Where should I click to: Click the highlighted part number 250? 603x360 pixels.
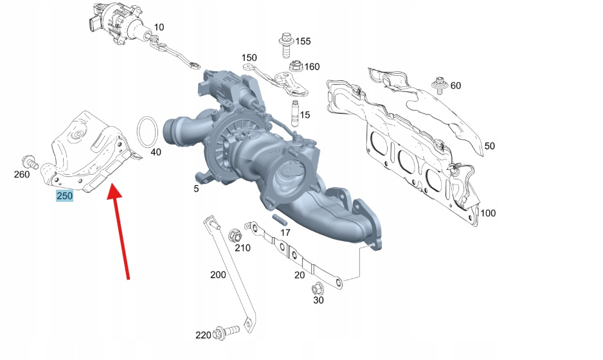click(64, 196)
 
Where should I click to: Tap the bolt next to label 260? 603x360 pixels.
click(30, 162)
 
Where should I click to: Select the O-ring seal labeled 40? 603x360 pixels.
click(148, 132)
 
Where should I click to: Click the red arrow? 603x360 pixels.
click(120, 231)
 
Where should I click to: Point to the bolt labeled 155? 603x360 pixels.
click(285, 45)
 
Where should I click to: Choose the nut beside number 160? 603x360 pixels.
click(295, 66)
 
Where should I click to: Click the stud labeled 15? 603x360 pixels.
click(295, 113)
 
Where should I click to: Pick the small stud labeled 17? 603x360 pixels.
click(280, 221)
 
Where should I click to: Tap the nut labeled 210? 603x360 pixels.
click(234, 235)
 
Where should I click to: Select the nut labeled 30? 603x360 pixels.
click(318, 288)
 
